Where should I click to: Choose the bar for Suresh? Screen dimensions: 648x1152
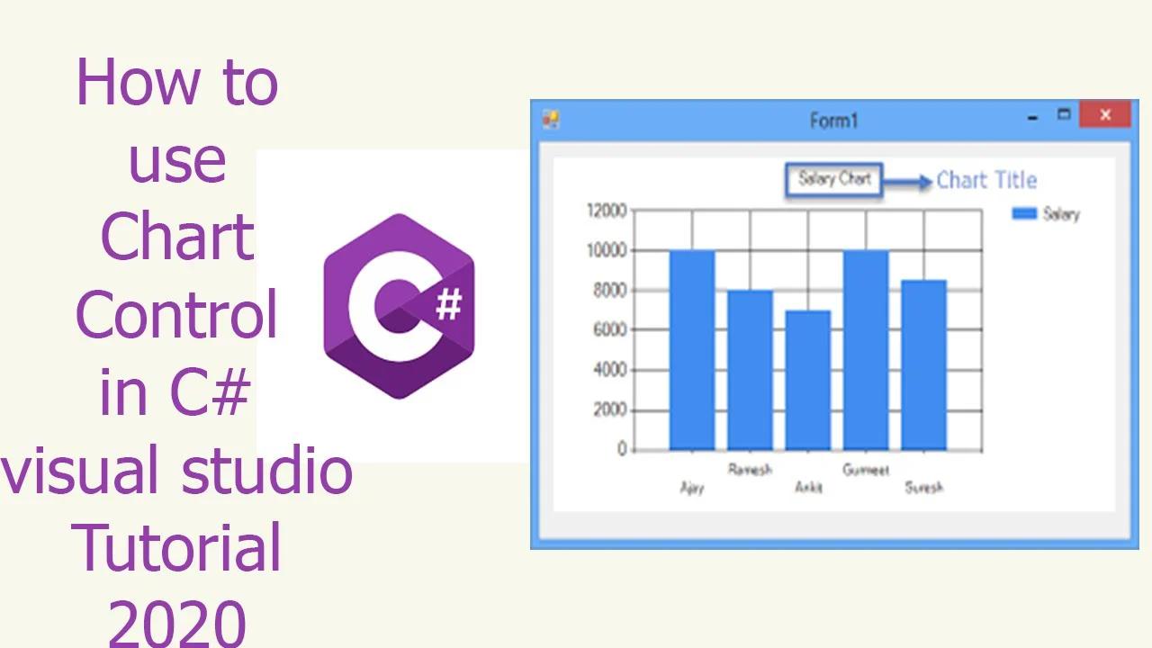[923, 364]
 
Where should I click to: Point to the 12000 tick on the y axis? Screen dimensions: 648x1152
[606, 211]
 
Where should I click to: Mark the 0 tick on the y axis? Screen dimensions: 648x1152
[621, 449]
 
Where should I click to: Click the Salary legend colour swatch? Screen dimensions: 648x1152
[1025, 213]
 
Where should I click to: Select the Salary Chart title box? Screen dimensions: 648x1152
[834, 179]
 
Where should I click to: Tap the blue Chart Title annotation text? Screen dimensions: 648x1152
[986, 180]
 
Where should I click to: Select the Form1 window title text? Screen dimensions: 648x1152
[833, 120]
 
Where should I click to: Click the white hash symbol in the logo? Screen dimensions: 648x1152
[447, 305]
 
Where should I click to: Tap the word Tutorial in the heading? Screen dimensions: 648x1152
[176, 547]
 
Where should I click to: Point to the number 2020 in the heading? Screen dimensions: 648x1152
[176, 621]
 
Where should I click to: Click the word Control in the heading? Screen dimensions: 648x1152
[176, 314]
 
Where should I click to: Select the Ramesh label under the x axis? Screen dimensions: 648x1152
[750, 470]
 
